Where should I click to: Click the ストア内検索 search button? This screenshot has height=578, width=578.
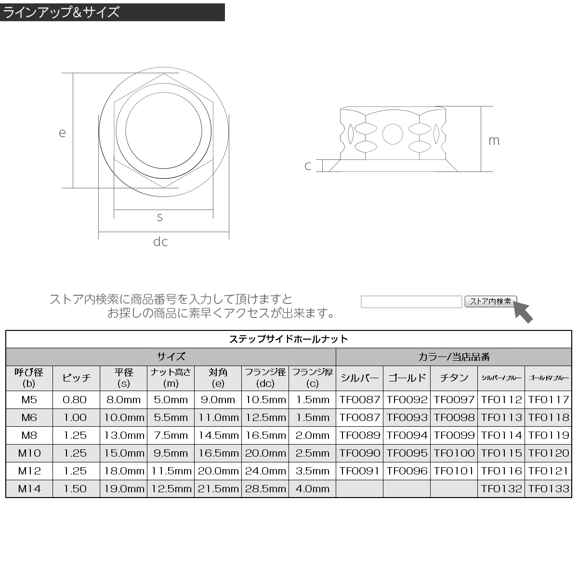click(490, 302)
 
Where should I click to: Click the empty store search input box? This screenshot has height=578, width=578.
click(411, 302)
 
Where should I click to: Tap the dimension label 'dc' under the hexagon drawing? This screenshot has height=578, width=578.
click(160, 241)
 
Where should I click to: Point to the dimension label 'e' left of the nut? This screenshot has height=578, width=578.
click(62, 132)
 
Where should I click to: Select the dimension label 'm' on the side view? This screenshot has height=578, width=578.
click(494, 141)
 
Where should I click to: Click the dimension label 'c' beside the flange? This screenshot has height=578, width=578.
click(308, 166)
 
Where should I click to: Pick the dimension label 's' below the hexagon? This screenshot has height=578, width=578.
click(160, 217)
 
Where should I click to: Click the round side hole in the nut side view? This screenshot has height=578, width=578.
click(393, 134)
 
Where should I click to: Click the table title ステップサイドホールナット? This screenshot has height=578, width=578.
click(289, 339)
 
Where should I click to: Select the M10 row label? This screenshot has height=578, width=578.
click(29, 453)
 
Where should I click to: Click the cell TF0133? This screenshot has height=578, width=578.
click(549, 489)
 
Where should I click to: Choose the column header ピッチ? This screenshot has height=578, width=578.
click(76, 378)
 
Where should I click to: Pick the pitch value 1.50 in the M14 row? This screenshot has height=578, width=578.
click(76, 489)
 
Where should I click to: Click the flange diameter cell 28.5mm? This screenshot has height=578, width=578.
click(265, 489)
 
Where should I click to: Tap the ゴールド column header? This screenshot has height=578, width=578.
click(407, 378)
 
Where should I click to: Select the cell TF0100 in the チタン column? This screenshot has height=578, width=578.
click(454, 453)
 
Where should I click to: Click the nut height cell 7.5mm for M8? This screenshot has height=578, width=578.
click(171, 435)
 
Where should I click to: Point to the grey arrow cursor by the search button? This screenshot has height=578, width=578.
click(523, 312)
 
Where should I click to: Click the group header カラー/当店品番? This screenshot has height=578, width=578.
click(454, 357)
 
